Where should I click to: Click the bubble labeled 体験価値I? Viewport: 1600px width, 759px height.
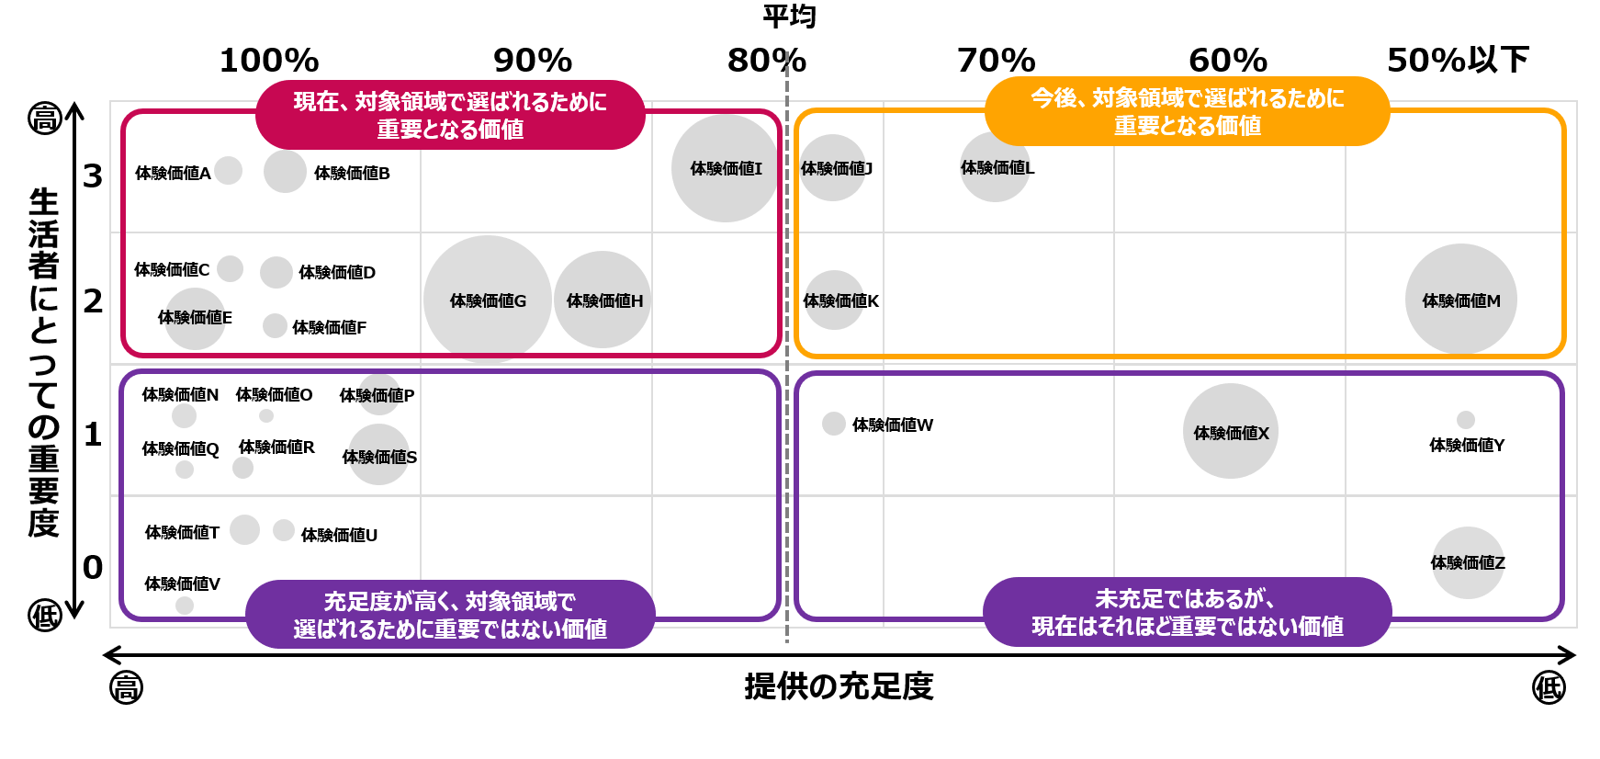[725, 168]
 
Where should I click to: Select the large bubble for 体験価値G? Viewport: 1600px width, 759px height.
[488, 300]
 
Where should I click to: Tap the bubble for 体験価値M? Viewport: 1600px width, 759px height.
[1460, 300]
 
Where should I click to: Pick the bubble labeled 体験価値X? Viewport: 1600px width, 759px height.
[1231, 431]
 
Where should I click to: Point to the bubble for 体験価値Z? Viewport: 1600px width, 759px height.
[1468, 562]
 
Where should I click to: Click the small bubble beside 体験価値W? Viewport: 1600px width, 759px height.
[833, 424]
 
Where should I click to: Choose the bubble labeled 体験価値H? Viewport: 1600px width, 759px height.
[603, 300]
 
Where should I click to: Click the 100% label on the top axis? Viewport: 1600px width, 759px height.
[269, 61]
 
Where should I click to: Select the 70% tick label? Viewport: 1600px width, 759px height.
[996, 61]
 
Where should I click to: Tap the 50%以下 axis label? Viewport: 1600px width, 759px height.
[1458, 61]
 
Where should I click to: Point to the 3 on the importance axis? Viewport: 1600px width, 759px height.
[93, 176]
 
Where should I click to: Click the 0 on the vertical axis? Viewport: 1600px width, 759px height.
[93, 567]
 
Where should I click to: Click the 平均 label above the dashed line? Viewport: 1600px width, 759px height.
[789, 16]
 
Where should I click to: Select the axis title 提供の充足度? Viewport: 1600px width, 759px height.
[839, 686]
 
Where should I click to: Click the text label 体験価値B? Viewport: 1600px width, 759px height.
[352, 173]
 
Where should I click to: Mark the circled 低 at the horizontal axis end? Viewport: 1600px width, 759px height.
[1549, 687]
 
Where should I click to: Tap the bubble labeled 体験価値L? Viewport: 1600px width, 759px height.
[995, 167]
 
